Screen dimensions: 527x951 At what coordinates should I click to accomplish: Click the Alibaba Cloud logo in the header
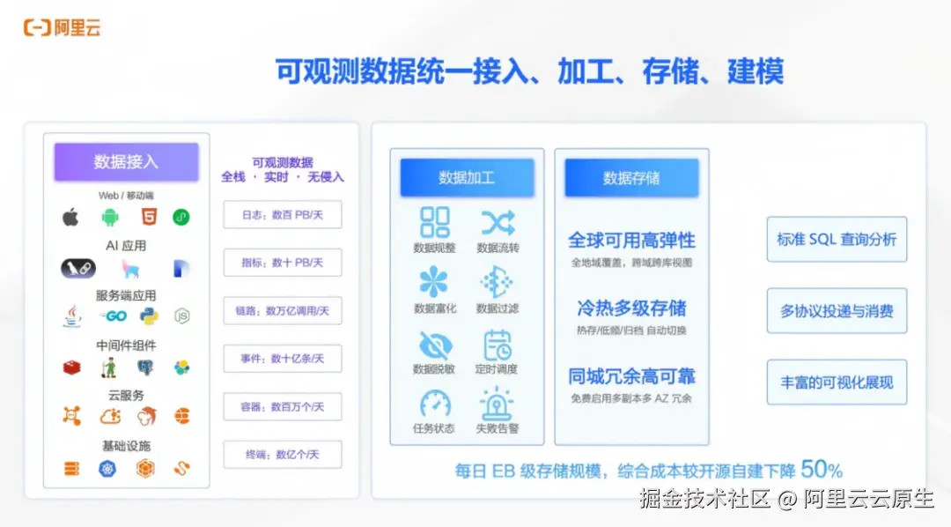click(63, 28)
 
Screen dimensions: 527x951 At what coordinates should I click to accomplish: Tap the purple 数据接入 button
click(126, 162)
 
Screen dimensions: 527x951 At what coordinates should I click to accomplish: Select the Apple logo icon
click(70, 217)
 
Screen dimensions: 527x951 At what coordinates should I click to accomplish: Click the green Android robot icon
click(109, 217)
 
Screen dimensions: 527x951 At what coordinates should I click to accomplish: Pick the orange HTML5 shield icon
click(146, 217)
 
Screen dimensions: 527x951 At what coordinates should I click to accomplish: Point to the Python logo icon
click(148, 315)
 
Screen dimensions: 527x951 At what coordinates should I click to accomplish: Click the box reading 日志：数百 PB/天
click(282, 215)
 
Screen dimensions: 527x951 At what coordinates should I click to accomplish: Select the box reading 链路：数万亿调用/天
click(282, 310)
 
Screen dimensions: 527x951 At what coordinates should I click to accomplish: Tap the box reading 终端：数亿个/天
click(282, 455)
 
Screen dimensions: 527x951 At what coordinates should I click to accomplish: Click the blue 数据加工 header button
click(467, 178)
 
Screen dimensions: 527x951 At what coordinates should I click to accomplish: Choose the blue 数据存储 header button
click(631, 178)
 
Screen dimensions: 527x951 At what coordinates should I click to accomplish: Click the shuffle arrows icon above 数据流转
click(498, 222)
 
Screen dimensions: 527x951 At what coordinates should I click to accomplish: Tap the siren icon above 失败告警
click(498, 404)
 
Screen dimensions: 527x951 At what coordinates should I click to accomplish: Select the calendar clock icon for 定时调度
click(498, 345)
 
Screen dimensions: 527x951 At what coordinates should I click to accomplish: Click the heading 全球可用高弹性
click(631, 241)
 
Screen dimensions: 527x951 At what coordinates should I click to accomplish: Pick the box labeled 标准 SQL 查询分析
click(837, 239)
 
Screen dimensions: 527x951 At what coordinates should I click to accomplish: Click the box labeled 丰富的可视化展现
click(837, 382)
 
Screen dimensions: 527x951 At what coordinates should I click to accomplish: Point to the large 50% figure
click(822, 469)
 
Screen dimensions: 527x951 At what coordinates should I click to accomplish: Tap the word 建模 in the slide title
click(755, 71)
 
